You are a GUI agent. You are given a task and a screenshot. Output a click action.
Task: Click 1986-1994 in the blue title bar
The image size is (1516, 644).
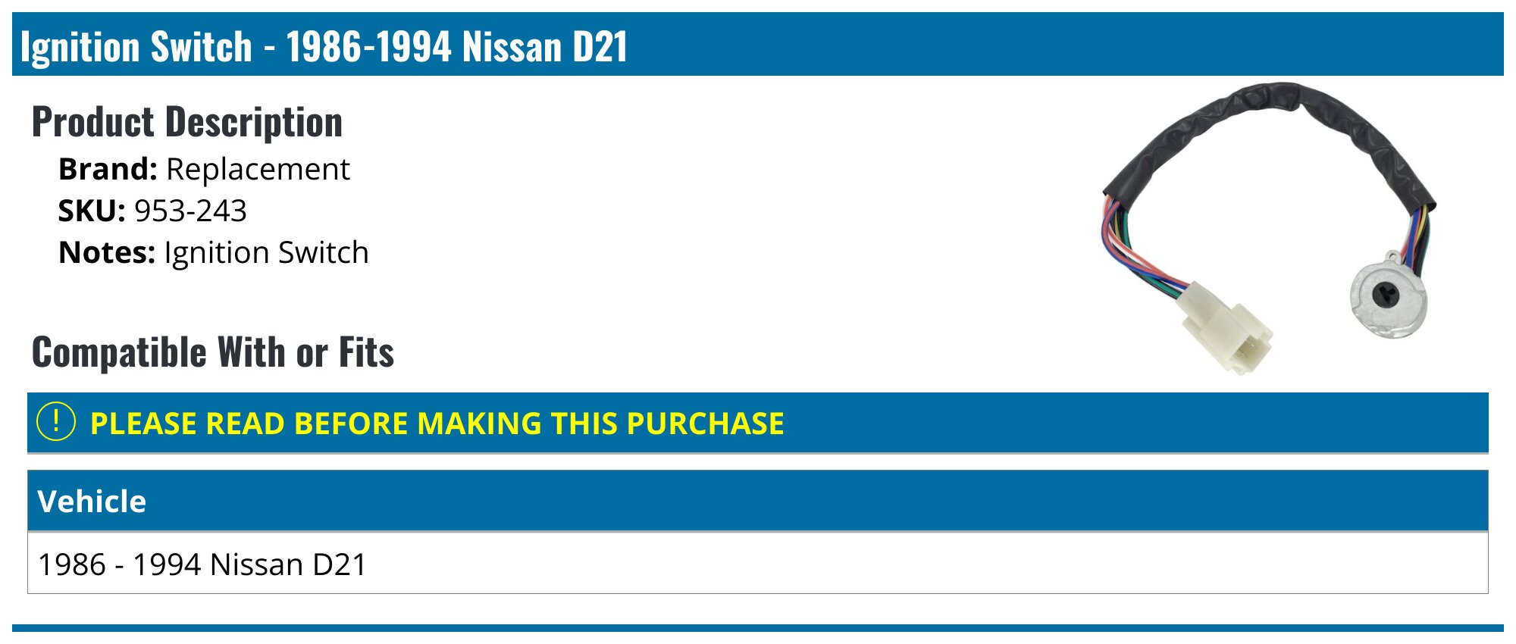click(x=368, y=46)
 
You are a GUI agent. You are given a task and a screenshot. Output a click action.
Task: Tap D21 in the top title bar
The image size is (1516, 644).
click(x=600, y=46)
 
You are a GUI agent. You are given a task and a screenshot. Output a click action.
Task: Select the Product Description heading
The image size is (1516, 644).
click(x=187, y=122)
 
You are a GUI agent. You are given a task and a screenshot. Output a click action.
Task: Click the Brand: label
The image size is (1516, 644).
click(x=108, y=169)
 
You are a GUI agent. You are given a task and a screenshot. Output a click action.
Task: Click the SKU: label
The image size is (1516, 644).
click(x=92, y=211)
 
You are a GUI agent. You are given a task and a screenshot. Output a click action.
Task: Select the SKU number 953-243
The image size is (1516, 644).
click(x=190, y=211)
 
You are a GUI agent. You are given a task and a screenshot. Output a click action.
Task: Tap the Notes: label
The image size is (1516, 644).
click(x=107, y=252)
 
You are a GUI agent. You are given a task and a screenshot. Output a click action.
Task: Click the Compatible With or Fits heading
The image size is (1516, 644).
click(x=213, y=352)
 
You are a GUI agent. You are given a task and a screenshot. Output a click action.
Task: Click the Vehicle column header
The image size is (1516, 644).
click(x=92, y=502)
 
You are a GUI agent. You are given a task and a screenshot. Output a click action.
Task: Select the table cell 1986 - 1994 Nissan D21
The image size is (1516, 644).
click(x=202, y=564)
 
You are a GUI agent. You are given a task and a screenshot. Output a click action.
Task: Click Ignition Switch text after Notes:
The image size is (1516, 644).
click(x=266, y=253)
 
